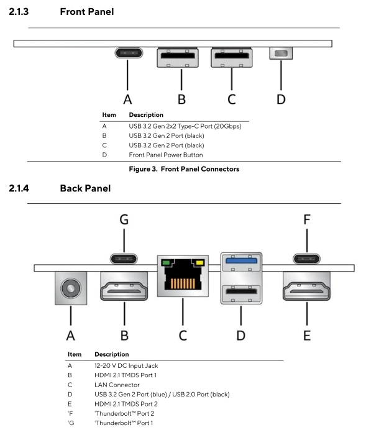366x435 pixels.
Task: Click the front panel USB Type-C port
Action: click(129, 53)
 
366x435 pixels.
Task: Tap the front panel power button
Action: click(281, 53)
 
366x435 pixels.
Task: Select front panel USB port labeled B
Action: click(178, 57)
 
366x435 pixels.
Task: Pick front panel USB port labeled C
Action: click(231, 57)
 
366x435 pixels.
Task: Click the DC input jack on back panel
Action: click(71, 288)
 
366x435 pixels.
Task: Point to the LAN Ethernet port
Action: click(183, 276)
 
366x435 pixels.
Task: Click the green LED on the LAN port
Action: click(166, 262)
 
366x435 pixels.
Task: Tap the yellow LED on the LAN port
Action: click(200, 262)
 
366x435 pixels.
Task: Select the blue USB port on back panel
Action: click(241, 262)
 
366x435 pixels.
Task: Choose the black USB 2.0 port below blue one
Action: click(241, 293)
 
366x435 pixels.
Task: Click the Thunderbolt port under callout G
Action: click(124, 259)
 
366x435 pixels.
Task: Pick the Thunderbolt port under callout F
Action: click(306, 259)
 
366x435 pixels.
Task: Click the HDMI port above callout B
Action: click(124, 286)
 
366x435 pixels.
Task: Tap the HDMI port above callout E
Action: click(306, 286)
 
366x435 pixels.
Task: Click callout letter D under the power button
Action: click(281, 99)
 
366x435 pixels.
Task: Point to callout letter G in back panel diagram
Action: click(124, 219)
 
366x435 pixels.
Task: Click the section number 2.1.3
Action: click(19, 12)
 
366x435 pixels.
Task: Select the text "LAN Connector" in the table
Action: click(117, 385)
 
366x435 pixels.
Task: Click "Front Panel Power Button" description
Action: click(166, 155)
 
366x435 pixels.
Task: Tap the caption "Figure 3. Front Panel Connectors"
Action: click(184, 169)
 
